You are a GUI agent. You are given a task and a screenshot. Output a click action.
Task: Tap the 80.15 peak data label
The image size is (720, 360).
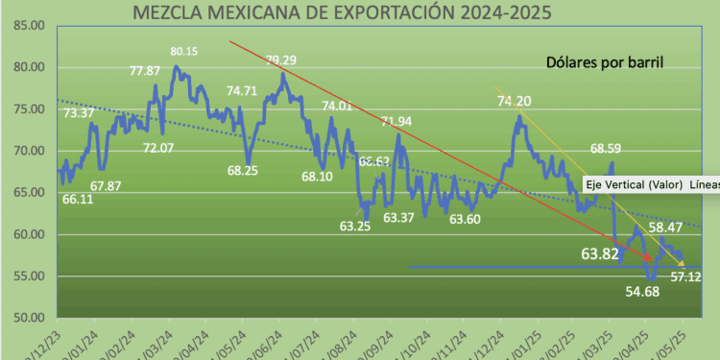(184, 51)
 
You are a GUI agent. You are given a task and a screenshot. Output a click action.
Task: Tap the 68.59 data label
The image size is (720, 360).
(606, 149)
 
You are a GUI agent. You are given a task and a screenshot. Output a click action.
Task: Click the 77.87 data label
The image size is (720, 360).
(144, 70)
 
